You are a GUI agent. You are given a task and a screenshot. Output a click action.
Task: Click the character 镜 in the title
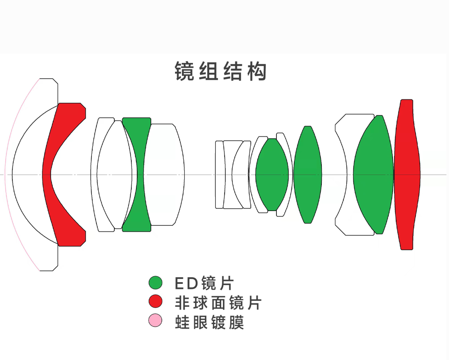185,72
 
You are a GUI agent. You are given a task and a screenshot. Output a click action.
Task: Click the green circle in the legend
155,283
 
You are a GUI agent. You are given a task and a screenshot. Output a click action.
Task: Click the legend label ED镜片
204,283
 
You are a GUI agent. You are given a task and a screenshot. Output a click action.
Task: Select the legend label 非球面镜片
218,303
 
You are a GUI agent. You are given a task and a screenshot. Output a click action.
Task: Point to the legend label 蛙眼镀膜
209,322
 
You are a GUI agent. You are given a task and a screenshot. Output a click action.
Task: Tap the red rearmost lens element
407,175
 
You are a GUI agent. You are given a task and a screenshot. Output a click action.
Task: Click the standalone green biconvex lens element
308,175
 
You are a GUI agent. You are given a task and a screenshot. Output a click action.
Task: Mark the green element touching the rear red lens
373,175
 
